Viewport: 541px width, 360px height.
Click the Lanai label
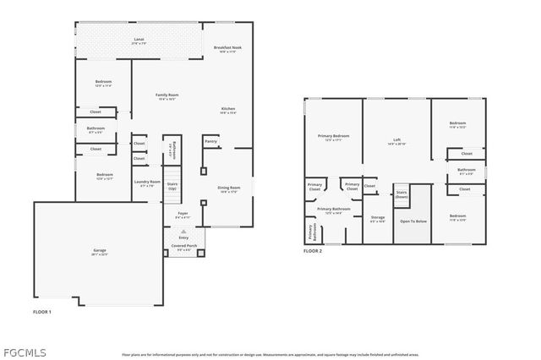(139, 40)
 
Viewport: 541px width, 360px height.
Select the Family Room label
(167, 95)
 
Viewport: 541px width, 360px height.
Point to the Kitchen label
(228, 109)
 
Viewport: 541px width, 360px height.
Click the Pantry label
(210, 141)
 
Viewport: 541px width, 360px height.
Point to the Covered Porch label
(184, 247)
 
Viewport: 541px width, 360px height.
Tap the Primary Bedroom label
(334, 137)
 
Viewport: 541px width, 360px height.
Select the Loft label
(396, 140)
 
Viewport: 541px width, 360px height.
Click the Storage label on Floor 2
(378, 218)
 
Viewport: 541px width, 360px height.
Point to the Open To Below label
(413, 221)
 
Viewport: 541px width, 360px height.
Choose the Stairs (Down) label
(402, 194)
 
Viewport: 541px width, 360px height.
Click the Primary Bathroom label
(334, 210)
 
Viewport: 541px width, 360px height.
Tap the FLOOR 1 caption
(42, 312)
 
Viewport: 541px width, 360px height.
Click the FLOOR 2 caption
(314, 251)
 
